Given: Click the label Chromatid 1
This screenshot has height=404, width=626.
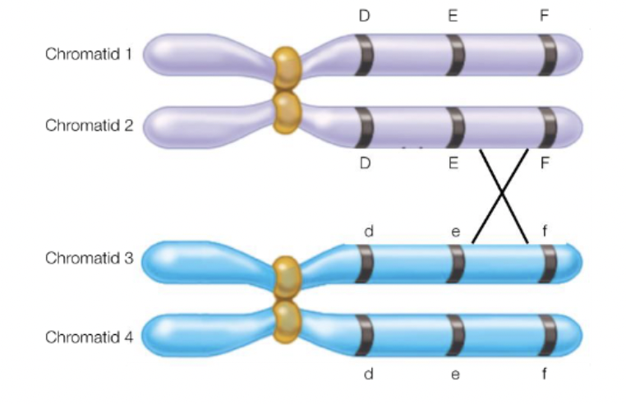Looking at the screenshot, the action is coord(89,55).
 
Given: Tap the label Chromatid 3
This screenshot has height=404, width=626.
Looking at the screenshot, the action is coord(89,259).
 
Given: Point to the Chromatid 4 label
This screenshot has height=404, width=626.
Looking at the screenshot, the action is coord(89,337).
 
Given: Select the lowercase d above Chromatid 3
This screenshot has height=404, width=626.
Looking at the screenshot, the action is coord(369,232).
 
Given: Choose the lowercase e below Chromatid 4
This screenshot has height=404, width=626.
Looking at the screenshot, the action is coord(455,375).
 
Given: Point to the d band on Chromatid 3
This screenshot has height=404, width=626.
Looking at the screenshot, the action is coord(364,263).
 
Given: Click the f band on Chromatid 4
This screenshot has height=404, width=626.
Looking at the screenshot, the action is coord(547,333).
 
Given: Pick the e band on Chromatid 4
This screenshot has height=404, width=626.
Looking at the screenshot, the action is coord(456,333).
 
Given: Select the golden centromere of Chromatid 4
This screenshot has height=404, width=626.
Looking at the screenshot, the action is coord(288,322).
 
